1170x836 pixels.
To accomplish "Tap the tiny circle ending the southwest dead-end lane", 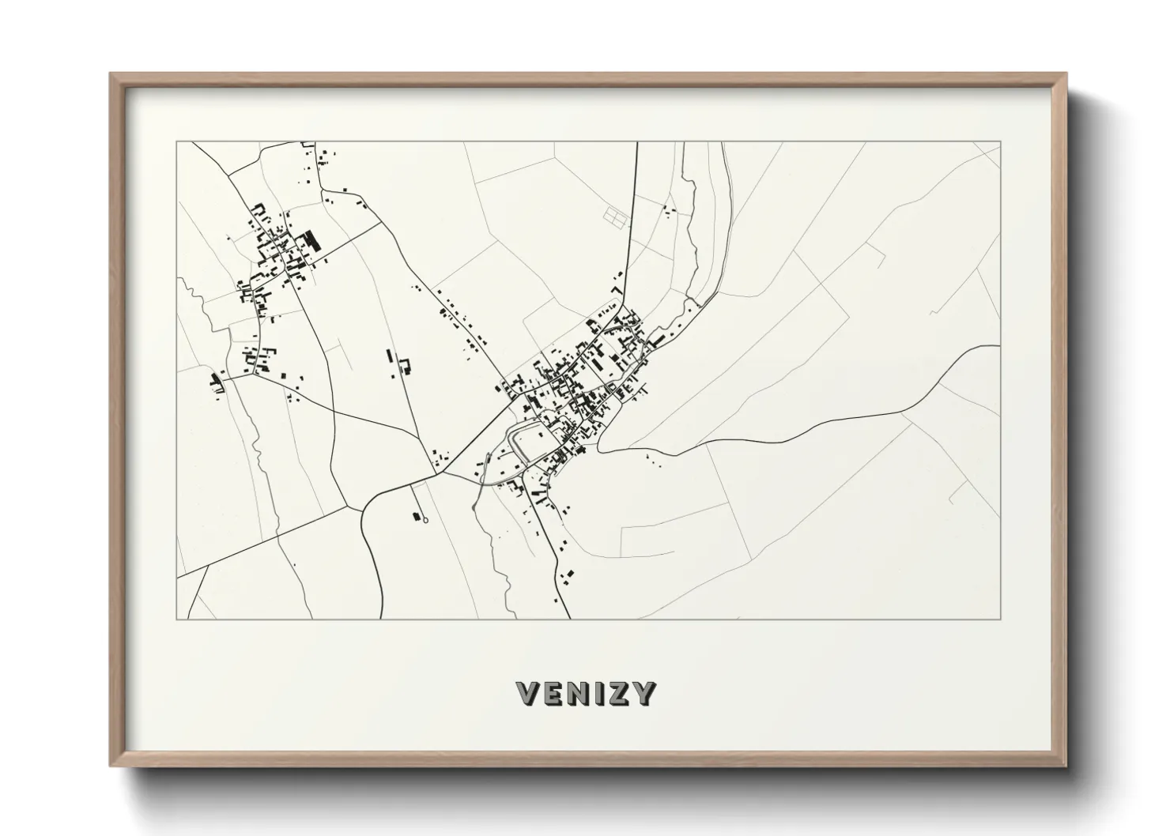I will coord(425,520).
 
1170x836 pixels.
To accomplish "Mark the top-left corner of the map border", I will coord(177,142).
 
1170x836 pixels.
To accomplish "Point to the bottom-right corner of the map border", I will coord(1000,619).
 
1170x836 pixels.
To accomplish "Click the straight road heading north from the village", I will coord(631,229).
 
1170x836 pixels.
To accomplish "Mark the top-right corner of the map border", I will coord(1000,142).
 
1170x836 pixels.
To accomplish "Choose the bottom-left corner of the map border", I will coord(177,619).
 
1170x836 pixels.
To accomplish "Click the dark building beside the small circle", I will coord(415,517).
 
